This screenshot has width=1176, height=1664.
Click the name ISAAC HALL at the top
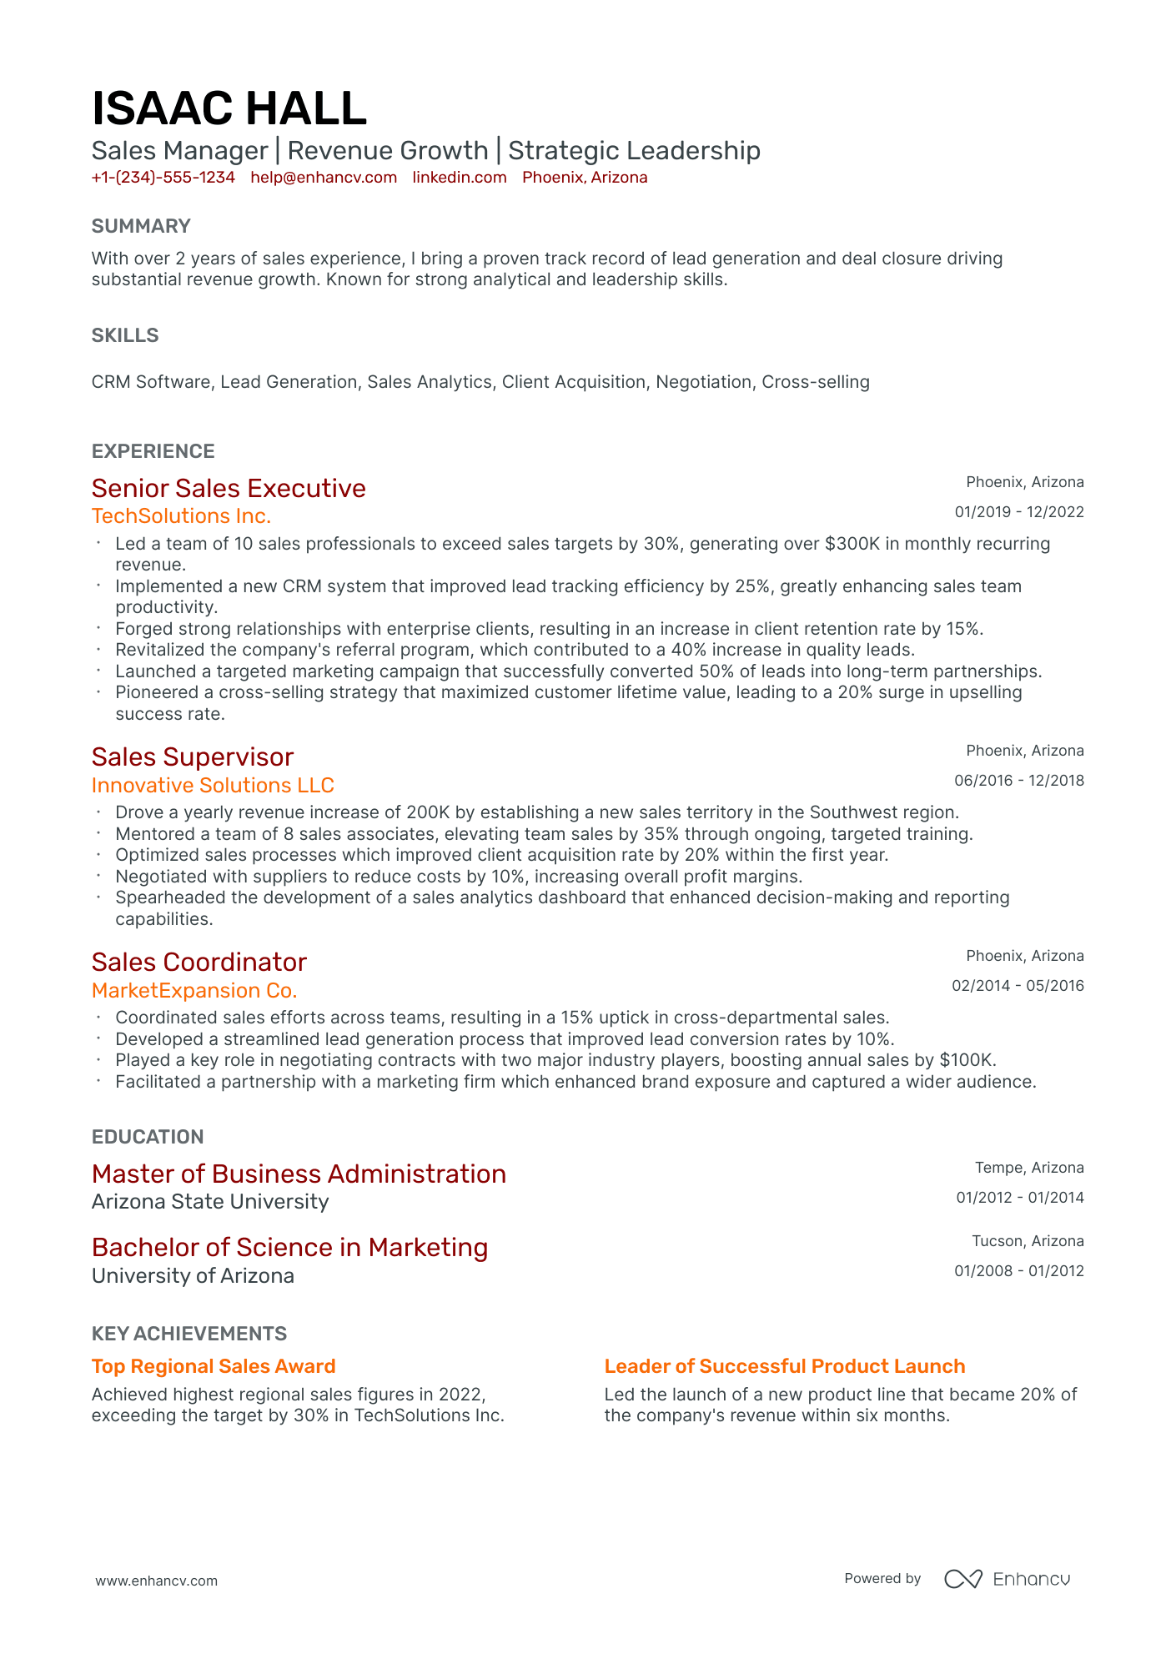[x=229, y=109]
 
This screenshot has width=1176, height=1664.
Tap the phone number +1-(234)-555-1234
[x=163, y=178]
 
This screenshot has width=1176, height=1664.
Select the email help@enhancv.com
[x=324, y=178]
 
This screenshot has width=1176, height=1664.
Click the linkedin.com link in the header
[x=460, y=178]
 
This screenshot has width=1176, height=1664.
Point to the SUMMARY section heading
[x=141, y=226]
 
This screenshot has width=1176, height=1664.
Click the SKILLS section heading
[x=125, y=335]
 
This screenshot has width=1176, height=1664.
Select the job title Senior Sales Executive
[x=229, y=488]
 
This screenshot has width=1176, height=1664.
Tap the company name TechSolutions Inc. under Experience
[x=181, y=516]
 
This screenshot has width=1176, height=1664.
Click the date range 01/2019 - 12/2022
[x=1019, y=512]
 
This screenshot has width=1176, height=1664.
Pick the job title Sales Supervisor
[x=193, y=757]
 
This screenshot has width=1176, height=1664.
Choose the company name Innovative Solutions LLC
[x=213, y=785]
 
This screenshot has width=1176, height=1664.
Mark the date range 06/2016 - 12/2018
[x=1019, y=781]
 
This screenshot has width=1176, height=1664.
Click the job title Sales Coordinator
[x=199, y=962]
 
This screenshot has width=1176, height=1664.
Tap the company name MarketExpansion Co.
[x=194, y=990]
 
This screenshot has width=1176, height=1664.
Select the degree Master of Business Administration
[x=299, y=1174]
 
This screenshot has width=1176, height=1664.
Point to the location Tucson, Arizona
[x=1028, y=1241]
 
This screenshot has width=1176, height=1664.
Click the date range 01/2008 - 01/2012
[x=1019, y=1271]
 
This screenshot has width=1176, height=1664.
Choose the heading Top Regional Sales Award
[x=214, y=1366]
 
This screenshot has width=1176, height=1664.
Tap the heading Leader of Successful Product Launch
[x=784, y=1366]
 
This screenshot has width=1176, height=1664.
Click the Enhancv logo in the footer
[x=1007, y=1579]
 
